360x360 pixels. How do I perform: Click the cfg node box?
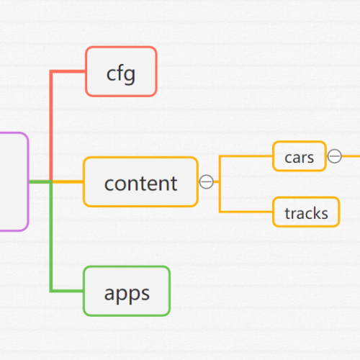(x=121, y=71)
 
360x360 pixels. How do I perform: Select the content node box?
(x=140, y=181)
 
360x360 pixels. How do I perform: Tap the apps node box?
(x=127, y=291)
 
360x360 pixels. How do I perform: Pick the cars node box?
(x=300, y=156)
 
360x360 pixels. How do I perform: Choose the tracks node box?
(x=306, y=212)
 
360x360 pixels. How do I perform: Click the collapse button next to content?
(x=207, y=181)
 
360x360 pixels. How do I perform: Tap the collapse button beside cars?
(x=335, y=156)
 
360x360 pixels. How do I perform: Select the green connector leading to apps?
(x=51, y=240)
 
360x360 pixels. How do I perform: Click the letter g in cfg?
(x=130, y=76)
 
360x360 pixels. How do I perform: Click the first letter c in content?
(x=109, y=184)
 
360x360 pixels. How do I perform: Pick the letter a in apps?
(x=109, y=294)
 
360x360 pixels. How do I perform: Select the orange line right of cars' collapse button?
(x=351, y=156)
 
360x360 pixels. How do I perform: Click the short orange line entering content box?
(x=68, y=181)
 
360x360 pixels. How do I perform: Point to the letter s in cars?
(x=310, y=158)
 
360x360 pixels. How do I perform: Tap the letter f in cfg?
(x=120, y=72)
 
